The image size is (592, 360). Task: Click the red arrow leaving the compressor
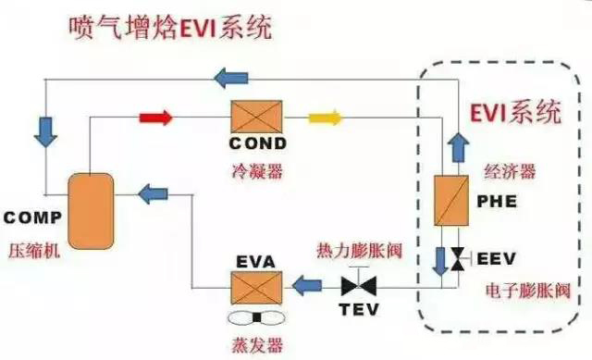[155, 118]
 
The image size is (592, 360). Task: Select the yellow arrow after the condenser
[326, 118]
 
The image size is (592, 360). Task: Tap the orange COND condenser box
[257, 117]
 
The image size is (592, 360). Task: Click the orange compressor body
[91, 211]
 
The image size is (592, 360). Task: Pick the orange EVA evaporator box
[257, 288]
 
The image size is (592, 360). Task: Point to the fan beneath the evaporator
[257, 318]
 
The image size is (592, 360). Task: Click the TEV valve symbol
[359, 285]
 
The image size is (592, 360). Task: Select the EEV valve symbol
[459, 259]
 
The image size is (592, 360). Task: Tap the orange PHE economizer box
[451, 200]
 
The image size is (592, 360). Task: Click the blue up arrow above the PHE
[458, 148]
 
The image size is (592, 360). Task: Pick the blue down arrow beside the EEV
[440, 261]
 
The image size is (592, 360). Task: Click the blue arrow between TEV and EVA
[307, 286]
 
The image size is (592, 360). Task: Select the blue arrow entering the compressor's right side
[153, 194]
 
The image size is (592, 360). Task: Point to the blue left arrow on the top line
[230, 78]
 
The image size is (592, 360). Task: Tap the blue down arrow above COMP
[45, 131]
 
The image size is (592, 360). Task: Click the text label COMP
[32, 217]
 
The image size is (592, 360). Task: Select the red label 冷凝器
[257, 171]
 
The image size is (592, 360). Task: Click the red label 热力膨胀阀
[360, 251]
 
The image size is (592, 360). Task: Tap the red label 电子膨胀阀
[527, 291]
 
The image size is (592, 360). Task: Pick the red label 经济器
[510, 171]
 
